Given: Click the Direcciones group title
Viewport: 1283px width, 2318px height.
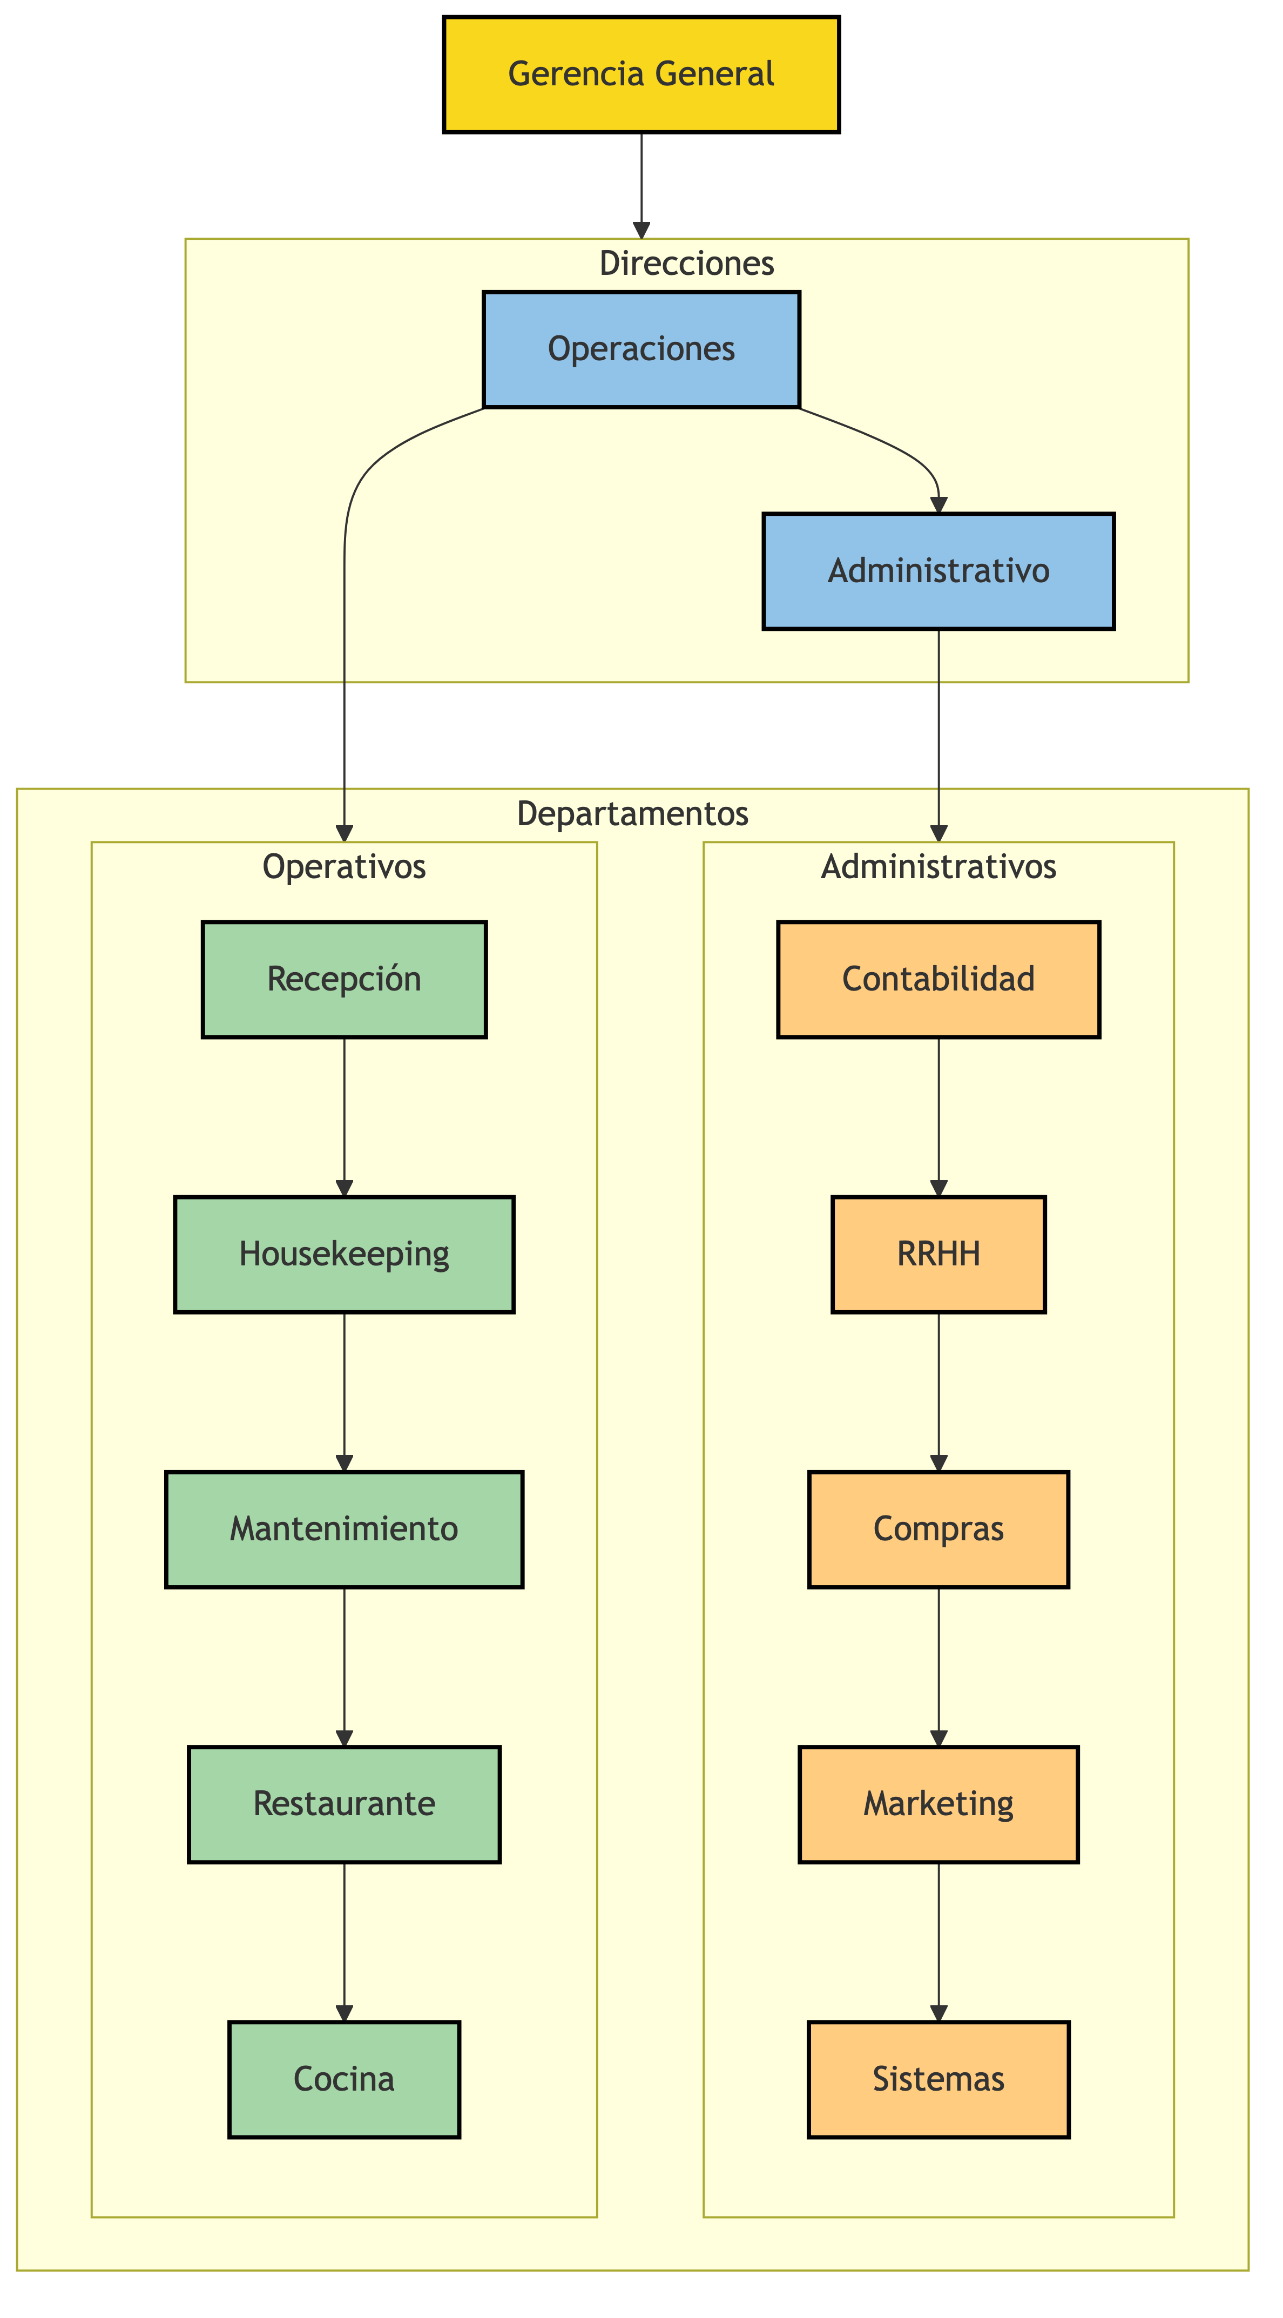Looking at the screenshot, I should tap(686, 264).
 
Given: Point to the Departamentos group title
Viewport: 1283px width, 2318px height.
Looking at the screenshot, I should tap(632, 813).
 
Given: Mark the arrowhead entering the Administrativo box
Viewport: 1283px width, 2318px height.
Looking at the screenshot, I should tap(938, 505).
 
